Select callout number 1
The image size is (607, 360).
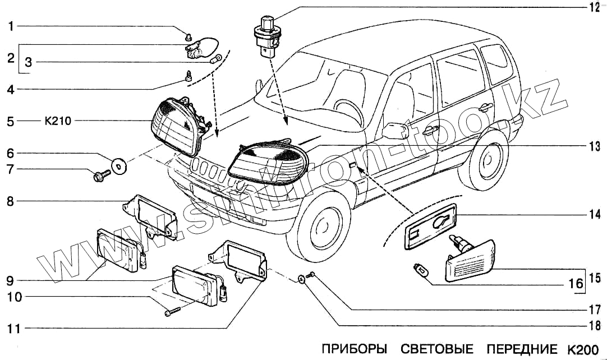click(11, 26)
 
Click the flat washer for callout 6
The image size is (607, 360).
click(119, 165)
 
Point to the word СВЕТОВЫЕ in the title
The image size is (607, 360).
click(436, 349)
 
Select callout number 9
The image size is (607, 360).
click(11, 280)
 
